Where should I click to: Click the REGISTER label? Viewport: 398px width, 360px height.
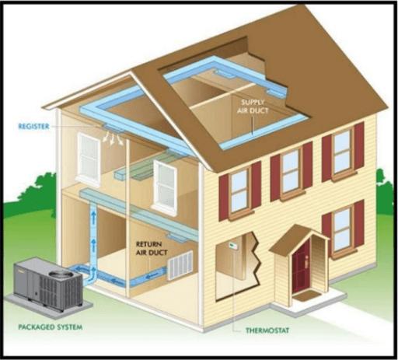[x=33, y=127]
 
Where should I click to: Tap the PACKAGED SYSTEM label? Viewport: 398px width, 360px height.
[x=51, y=327]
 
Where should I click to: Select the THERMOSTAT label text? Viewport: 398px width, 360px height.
[x=267, y=330]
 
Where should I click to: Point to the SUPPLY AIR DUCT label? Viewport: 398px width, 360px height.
[x=253, y=107]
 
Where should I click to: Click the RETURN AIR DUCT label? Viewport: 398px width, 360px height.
[x=152, y=248]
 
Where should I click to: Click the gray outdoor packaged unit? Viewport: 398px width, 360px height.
[x=48, y=284]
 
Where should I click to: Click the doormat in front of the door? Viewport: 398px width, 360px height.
[x=305, y=295]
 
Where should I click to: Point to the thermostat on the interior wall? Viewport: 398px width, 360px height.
[x=232, y=245]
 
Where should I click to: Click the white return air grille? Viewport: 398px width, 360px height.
[x=180, y=265]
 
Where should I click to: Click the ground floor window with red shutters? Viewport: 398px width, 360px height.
[x=343, y=229]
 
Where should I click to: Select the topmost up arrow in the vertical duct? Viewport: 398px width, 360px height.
[x=93, y=217]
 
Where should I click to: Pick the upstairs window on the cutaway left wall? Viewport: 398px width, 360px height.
[x=89, y=157]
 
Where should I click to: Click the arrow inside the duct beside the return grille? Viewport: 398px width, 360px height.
[x=152, y=275]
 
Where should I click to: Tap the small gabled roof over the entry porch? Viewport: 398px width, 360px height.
[x=298, y=239]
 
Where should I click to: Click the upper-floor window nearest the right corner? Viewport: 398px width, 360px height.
[x=343, y=152]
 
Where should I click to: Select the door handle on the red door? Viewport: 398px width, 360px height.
[x=306, y=261]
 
